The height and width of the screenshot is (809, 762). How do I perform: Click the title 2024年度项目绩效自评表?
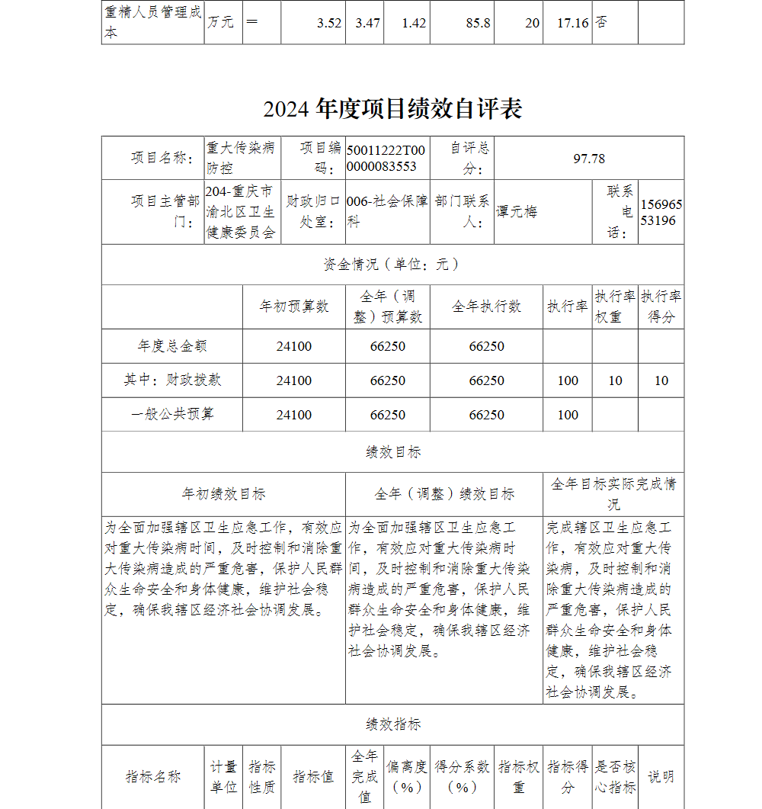pos(392,109)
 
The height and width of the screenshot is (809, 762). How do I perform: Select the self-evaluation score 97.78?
pos(589,159)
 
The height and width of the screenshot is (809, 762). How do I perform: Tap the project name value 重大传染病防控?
pos(241,158)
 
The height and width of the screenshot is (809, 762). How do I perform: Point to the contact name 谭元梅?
pos(517,212)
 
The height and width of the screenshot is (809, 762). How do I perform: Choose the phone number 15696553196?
pos(661,213)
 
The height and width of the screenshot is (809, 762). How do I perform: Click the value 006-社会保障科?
pos(386,212)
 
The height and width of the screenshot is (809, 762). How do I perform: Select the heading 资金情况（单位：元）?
pos(392,265)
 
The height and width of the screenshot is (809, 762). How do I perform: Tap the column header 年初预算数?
pos(294,307)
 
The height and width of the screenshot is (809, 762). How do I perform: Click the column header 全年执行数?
pos(486,307)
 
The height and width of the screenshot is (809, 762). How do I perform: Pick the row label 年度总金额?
pos(172,346)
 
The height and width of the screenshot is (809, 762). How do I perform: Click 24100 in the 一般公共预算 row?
pos(294,415)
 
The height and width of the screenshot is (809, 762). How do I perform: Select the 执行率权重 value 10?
pos(615,380)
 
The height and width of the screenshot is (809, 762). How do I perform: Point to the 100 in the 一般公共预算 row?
pos(568,415)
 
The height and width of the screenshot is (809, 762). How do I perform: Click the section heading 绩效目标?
pos(392,452)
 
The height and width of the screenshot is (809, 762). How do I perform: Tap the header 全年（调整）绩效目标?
pos(444,494)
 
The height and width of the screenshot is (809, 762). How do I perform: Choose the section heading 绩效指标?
pos(392,724)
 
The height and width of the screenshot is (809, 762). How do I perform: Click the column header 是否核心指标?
pos(615,777)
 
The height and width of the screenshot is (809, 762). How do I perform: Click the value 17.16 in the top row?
pos(572,23)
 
